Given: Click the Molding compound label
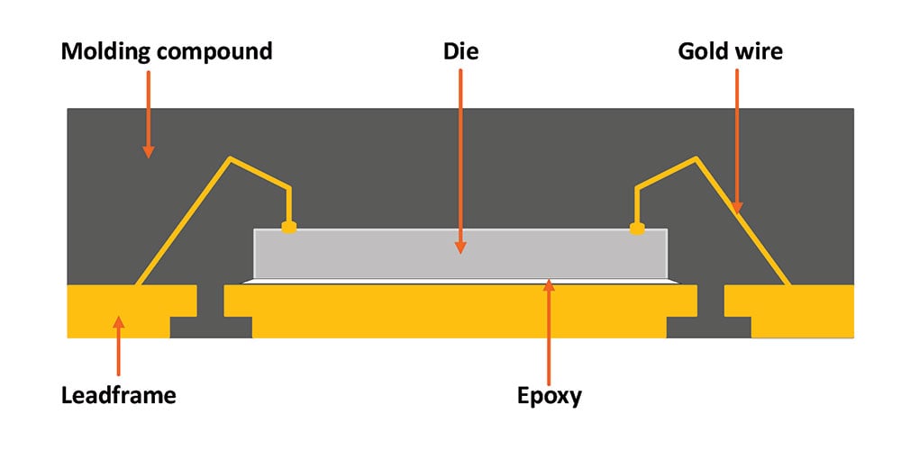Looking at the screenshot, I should pos(166,52).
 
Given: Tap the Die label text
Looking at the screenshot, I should pos(460,52).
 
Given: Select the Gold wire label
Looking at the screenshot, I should pos(730,52).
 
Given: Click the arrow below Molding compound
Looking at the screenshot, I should pos(148,112).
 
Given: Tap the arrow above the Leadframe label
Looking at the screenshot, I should pos(118,346).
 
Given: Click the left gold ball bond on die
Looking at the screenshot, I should pos(288,228).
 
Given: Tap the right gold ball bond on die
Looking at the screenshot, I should pos(637,228).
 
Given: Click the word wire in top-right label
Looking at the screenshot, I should pos(759,52).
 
